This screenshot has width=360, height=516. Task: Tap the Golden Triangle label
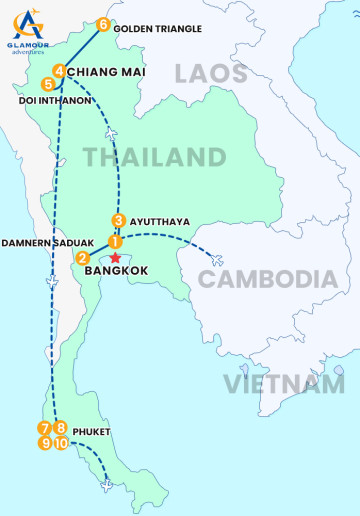pyautogui.click(x=157, y=29)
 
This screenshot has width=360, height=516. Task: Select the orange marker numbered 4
pyautogui.click(x=60, y=71)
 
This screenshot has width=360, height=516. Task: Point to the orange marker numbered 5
pyautogui.click(x=49, y=85)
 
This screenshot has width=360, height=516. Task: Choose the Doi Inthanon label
pyautogui.click(x=56, y=101)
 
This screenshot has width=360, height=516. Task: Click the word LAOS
pyautogui.click(x=210, y=74)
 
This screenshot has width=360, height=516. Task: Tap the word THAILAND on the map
pyautogui.click(x=154, y=157)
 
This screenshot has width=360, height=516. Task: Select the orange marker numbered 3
pyautogui.click(x=118, y=221)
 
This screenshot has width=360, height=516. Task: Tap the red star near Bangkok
pyautogui.click(x=115, y=257)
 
